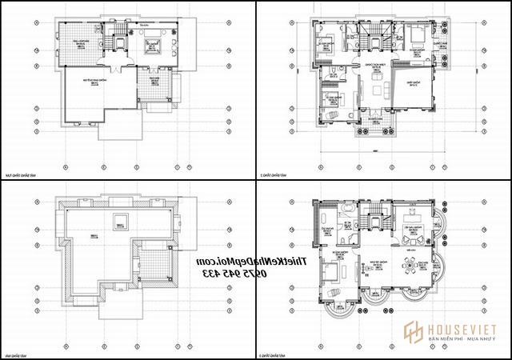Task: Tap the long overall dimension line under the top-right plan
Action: point(373,150)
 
